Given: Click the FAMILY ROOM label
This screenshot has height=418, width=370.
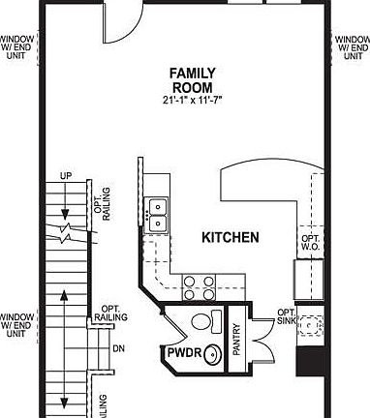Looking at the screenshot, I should (192, 79).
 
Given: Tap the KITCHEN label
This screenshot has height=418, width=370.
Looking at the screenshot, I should (230, 237).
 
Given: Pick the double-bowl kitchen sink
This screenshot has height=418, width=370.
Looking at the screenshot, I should (156, 214).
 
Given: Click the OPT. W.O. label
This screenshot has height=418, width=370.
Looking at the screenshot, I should (310, 243).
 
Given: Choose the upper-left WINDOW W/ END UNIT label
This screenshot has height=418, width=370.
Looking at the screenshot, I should (16, 47).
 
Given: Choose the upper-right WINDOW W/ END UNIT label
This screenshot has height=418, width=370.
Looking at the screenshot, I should (352, 47).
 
